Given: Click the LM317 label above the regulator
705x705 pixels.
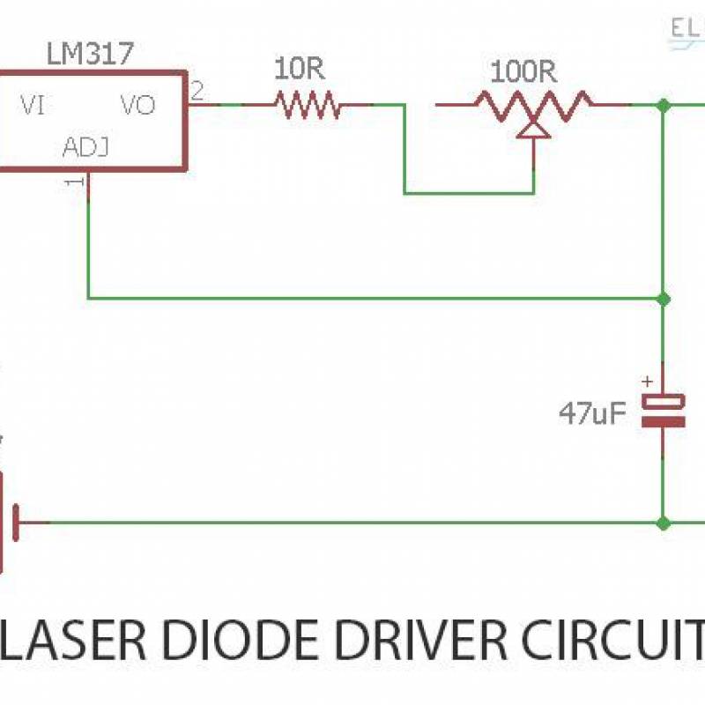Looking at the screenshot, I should point(90,55).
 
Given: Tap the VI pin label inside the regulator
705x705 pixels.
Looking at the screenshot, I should point(33,106).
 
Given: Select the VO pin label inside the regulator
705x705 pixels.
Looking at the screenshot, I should point(137,106).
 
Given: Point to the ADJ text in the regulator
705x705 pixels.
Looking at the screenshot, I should point(86,147).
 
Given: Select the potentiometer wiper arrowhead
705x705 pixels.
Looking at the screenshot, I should point(533,129).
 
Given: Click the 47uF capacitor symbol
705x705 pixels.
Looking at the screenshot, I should point(662,411).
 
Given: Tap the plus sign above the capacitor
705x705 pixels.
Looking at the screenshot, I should point(648,382).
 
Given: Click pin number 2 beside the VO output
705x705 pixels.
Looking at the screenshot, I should point(197,90).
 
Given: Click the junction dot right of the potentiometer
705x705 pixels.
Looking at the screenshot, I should point(664,105).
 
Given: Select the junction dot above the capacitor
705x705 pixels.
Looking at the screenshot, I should point(664,298).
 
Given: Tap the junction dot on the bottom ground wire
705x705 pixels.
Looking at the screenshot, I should point(664,523).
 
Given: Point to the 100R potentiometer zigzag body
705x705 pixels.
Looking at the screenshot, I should point(533,105).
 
